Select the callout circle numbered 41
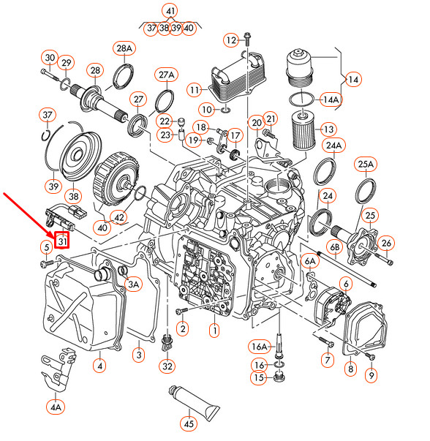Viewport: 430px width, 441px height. (170, 11)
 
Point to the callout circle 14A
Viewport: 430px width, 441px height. (331, 99)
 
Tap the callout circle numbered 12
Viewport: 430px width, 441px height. (231, 39)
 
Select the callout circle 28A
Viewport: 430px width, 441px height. (125, 49)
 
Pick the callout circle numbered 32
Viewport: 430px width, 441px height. (168, 366)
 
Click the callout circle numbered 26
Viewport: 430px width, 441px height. (388, 243)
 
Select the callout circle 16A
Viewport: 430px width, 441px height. (260, 346)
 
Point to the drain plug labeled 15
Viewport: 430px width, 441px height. (279, 377)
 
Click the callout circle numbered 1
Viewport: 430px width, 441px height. (214, 331)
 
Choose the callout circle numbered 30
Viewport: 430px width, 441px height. (49, 59)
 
